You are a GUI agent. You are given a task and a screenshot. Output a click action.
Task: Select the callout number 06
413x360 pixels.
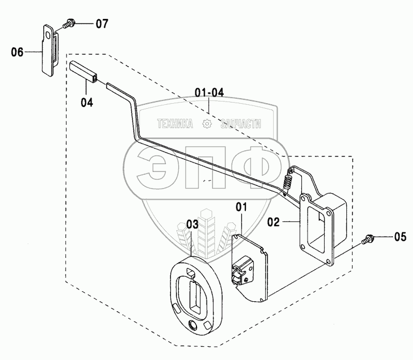point(17,52)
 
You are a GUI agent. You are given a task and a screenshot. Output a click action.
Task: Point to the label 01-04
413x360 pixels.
point(209,92)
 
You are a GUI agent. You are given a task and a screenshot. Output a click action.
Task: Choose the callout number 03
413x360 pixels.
point(192,224)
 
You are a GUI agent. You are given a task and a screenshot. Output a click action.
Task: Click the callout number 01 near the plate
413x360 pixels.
point(241,208)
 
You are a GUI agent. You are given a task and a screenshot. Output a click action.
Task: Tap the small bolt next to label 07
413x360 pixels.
point(69,24)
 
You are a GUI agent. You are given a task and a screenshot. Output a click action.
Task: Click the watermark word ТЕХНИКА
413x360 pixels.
point(175,124)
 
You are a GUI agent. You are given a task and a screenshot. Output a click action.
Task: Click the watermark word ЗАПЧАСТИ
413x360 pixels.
point(240,124)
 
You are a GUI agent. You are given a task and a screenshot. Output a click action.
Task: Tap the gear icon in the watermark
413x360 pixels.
point(208,124)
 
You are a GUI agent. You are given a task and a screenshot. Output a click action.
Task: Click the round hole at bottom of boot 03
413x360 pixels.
point(193,324)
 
